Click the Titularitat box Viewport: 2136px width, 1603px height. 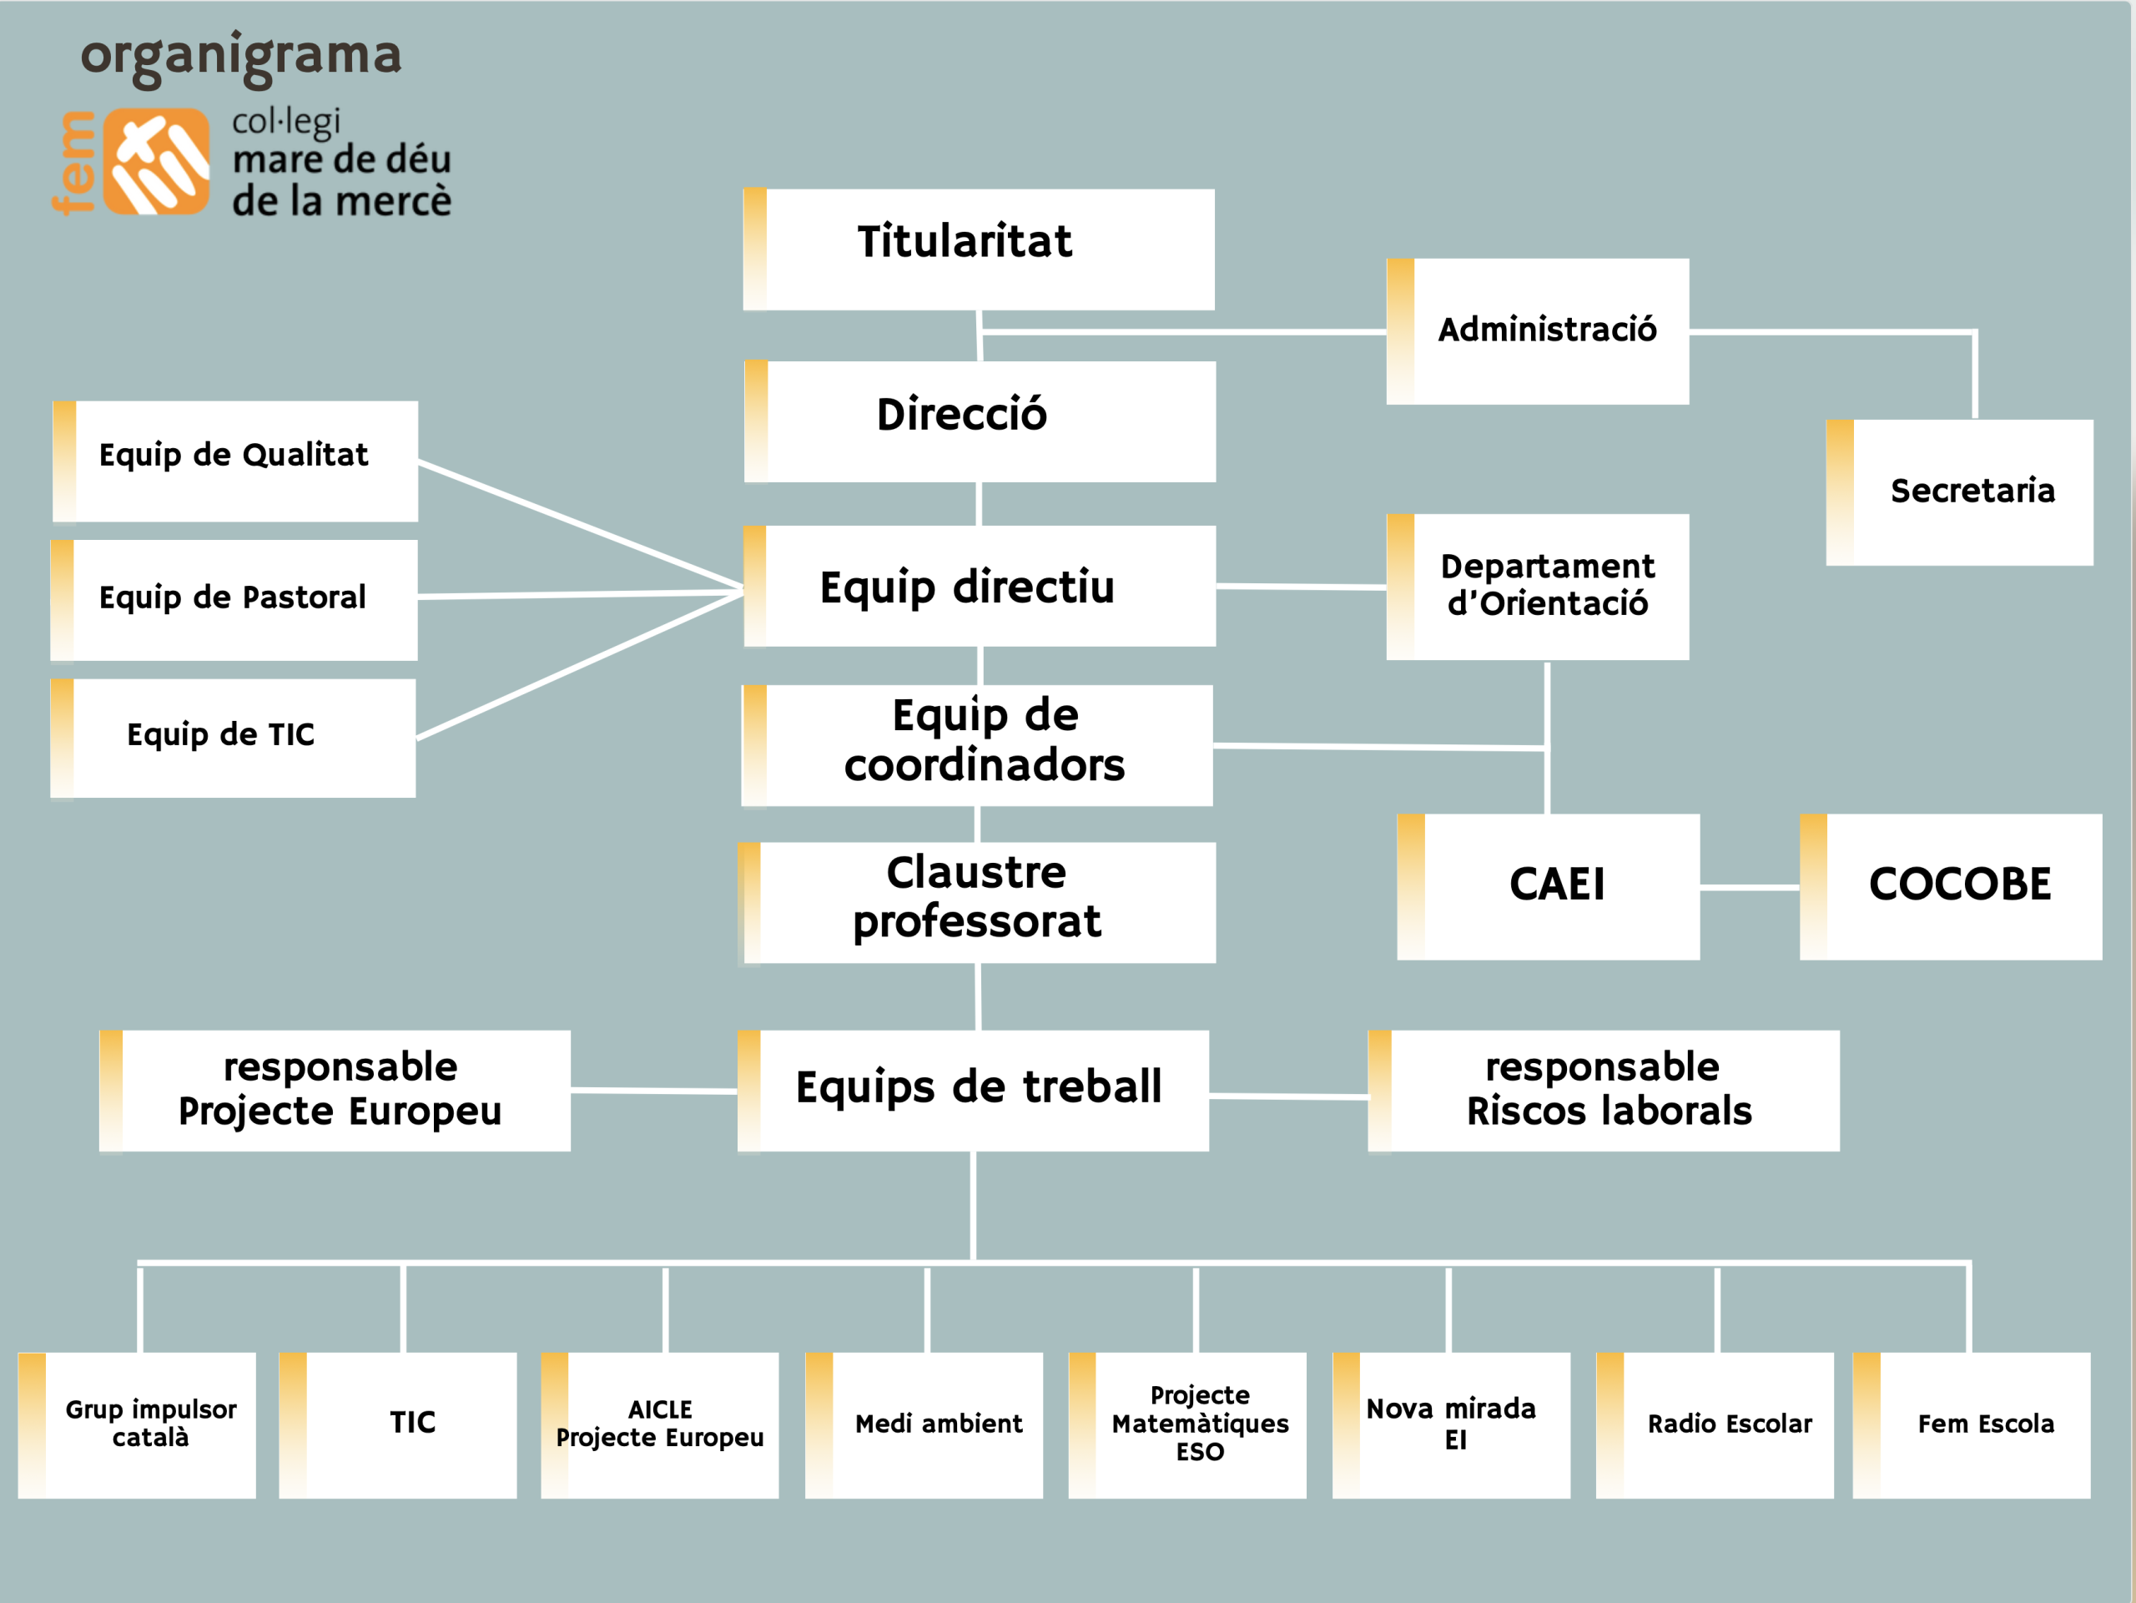(978, 250)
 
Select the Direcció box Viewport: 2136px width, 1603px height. (980, 421)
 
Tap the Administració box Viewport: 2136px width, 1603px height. (1537, 330)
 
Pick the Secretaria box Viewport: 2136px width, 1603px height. (1959, 491)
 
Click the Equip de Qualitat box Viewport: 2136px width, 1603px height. (234, 461)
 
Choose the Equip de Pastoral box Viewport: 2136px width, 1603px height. (234, 600)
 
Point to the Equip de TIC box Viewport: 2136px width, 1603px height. (233, 738)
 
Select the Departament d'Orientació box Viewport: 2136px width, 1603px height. (1537, 586)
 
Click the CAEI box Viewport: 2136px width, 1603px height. (1548, 885)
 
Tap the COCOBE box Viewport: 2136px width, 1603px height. (1951, 885)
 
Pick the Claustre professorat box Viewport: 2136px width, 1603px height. (976, 901)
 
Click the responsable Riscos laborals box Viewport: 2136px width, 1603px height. (1603, 1091)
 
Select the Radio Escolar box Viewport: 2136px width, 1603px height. (1714, 1424)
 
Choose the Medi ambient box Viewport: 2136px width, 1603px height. (924, 1424)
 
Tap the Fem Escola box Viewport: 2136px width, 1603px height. (1971, 1424)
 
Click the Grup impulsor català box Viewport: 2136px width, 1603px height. (137, 1424)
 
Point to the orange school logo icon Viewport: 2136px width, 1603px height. (156, 161)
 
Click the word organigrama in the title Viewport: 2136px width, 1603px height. (240, 56)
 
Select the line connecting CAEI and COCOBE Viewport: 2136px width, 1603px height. (1749, 886)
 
